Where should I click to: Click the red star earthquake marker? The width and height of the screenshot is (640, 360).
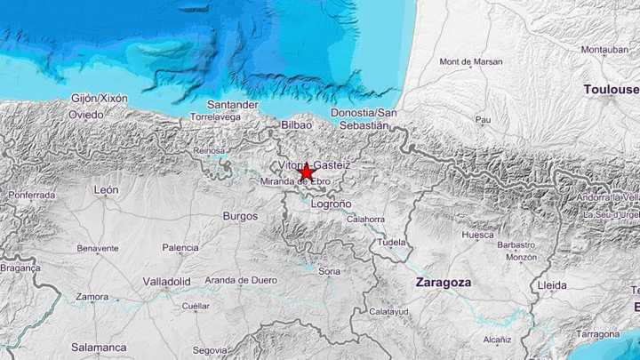pos(306,171)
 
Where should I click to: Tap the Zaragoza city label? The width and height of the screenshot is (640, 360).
pos(444,282)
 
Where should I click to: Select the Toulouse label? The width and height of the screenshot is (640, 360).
pos(612,90)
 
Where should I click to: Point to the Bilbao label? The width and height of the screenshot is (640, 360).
pos(296,125)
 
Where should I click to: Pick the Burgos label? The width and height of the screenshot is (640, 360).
pos(240,216)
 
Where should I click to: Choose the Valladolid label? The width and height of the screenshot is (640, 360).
pos(167,282)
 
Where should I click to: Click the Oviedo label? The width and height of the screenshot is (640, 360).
pos(86,115)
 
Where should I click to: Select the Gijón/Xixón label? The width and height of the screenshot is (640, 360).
pos(100,98)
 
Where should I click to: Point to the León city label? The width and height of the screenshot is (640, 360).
pos(106,190)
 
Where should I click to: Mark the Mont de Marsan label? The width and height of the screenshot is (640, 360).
pos(471,62)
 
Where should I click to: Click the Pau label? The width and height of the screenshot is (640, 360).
pos(484,119)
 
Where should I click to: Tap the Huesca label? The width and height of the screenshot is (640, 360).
pos(477,236)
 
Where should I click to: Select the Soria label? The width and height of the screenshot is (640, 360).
pos(330,270)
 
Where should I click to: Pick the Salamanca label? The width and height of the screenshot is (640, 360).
pos(99,348)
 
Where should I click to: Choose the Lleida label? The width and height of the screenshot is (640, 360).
pos(552,284)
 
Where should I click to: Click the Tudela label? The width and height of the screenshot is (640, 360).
pos(391,242)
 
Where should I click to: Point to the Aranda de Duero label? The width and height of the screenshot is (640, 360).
pos(242,280)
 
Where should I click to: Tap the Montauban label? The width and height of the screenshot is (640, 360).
pos(604,50)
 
